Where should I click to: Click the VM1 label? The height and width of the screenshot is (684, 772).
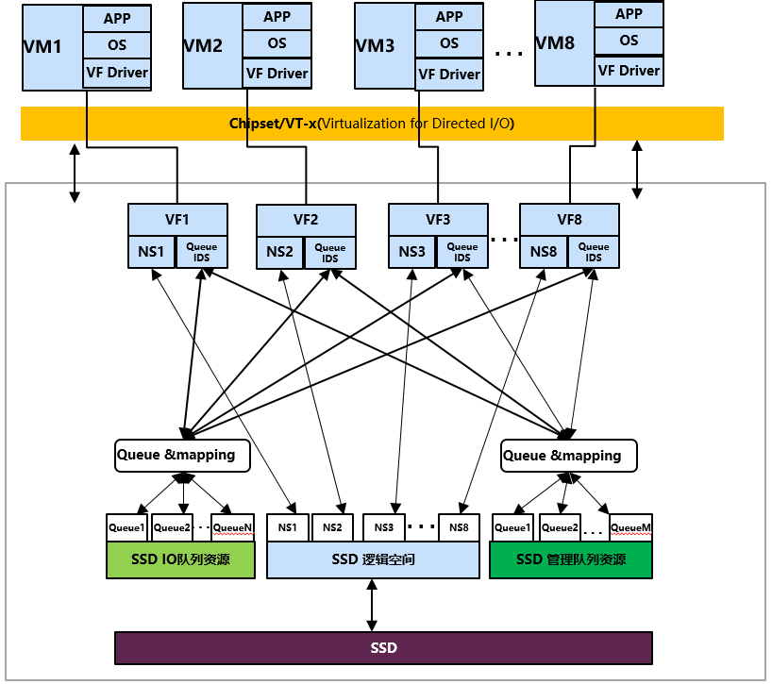[43, 45]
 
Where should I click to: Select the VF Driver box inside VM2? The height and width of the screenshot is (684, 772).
[277, 73]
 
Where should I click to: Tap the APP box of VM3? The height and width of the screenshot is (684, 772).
[449, 17]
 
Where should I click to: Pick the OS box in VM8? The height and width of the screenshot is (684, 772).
[629, 42]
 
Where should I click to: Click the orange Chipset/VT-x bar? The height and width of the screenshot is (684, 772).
[372, 124]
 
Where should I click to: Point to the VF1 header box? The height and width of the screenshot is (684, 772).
[177, 220]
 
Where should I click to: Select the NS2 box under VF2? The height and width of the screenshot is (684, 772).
[280, 253]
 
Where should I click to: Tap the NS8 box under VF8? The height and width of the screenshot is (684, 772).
[544, 252]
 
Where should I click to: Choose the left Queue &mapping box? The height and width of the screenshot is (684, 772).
[182, 455]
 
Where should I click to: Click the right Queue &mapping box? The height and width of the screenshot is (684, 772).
[568, 456]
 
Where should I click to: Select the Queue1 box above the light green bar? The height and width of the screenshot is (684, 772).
[127, 528]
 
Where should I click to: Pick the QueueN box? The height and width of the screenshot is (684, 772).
[233, 528]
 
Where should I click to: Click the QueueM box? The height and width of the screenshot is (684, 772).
[630, 528]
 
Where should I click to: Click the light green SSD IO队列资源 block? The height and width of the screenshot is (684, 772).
[181, 559]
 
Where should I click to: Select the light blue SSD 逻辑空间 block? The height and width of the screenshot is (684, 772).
[374, 559]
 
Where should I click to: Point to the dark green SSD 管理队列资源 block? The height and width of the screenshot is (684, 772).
[571, 559]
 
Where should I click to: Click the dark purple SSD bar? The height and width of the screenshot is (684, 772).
[383, 648]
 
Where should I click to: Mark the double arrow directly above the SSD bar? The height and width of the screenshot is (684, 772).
[372, 606]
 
